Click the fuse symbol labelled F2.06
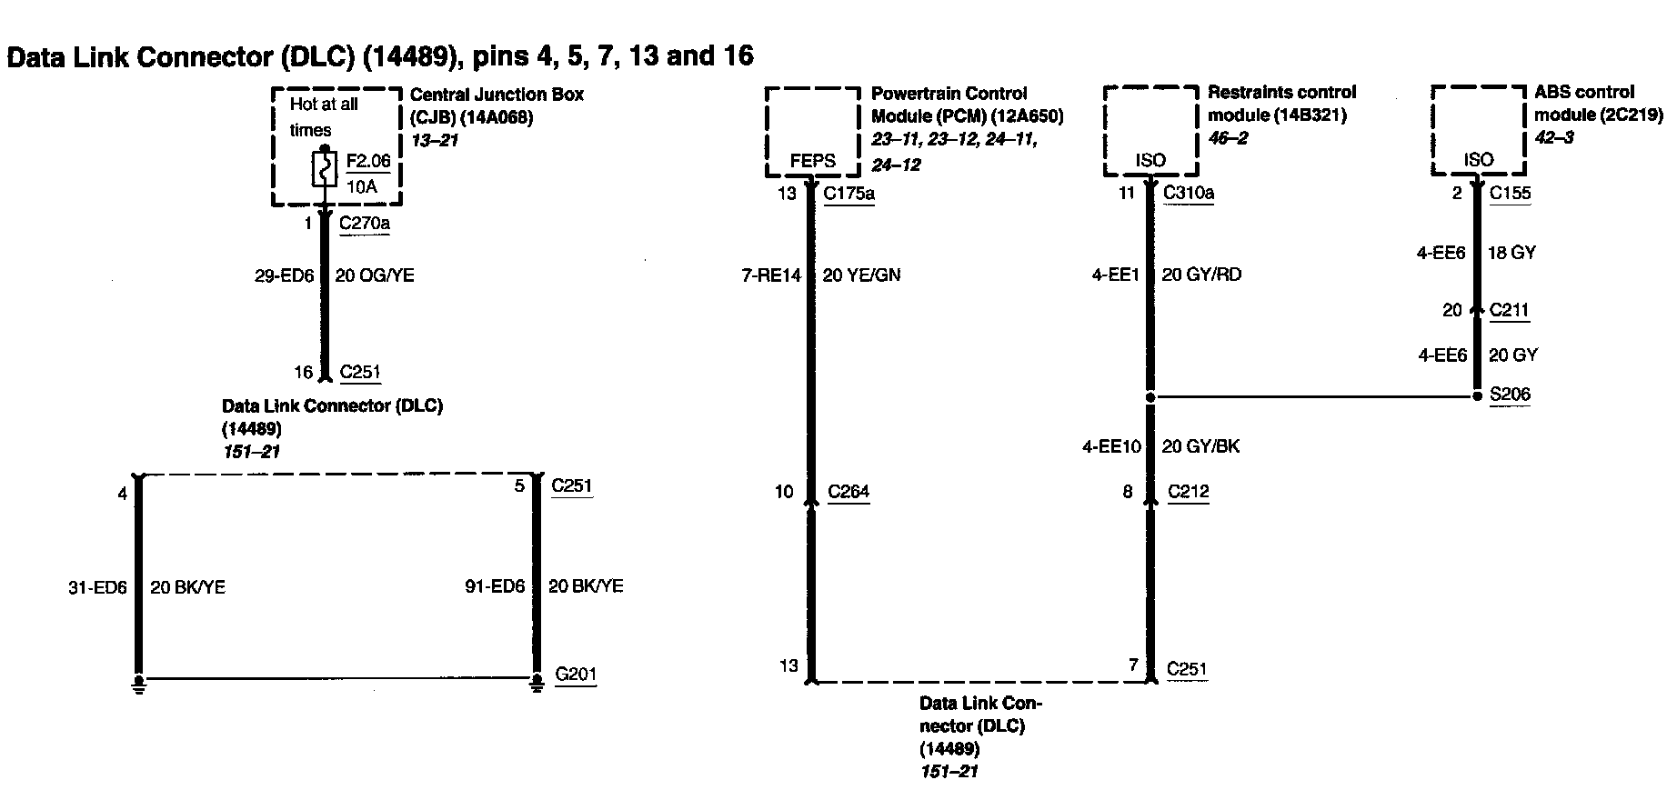pyautogui.click(x=324, y=170)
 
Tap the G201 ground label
pyautogui.click(x=577, y=675)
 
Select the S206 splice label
pyautogui.click(x=1510, y=395)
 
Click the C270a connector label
pyautogui.click(x=364, y=223)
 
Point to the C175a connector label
pyautogui.click(x=849, y=194)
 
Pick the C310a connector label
pyautogui.click(x=1189, y=193)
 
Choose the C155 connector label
pyautogui.click(x=1510, y=193)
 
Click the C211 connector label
pyautogui.click(x=1509, y=310)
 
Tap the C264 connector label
pyautogui.click(x=849, y=492)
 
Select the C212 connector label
pyautogui.click(x=1189, y=492)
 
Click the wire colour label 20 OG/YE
pyautogui.click(x=375, y=275)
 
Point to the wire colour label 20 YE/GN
pyautogui.click(x=861, y=275)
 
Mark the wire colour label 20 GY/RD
pyautogui.click(x=1201, y=275)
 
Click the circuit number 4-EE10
pyautogui.click(x=1111, y=446)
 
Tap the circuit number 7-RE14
pyautogui.click(x=771, y=275)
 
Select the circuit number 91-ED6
pyautogui.click(x=495, y=587)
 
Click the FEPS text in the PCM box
pyautogui.click(x=812, y=161)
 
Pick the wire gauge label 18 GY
pyautogui.click(x=1511, y=253)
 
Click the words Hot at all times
pyautogui.click(x=323, y=116)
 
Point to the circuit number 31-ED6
pyautogui.click(x=97, y=588)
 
